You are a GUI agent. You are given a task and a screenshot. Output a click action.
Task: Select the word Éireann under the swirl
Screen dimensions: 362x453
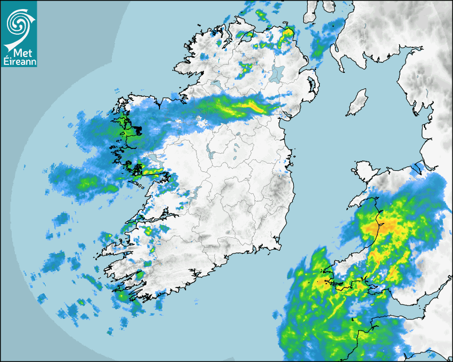[19, 62]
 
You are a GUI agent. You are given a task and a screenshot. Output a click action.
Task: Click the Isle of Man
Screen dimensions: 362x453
[358, 103]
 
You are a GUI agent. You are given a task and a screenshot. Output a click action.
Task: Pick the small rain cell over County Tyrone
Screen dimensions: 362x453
[246, 68]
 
